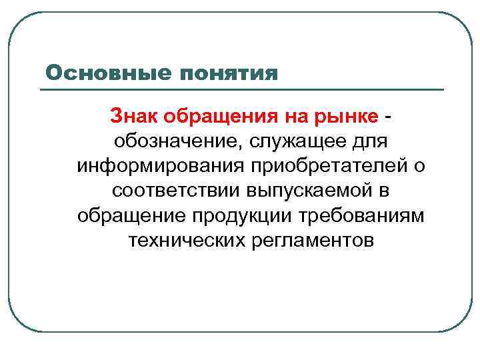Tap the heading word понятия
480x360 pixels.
click(x=226, y=73)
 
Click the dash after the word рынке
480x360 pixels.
click(x=388, y=117)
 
